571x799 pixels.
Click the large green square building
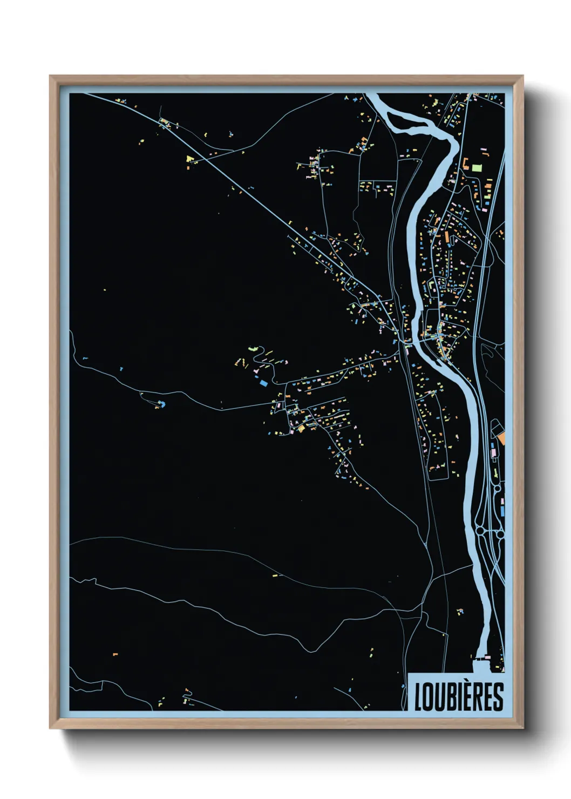[477, 167]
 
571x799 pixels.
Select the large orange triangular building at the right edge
[501, 438]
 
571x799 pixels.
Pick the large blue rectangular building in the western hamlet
[264, 383]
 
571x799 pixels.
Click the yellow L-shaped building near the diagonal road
[189, 159]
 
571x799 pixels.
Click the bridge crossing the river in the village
[412, 342]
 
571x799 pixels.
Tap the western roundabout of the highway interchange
[480, 532]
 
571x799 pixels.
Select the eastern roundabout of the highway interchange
[500, 534]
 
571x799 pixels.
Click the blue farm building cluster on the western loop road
[161, 403]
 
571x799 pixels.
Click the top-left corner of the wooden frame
[50, 76]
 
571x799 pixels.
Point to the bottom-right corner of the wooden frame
[522, 728]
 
